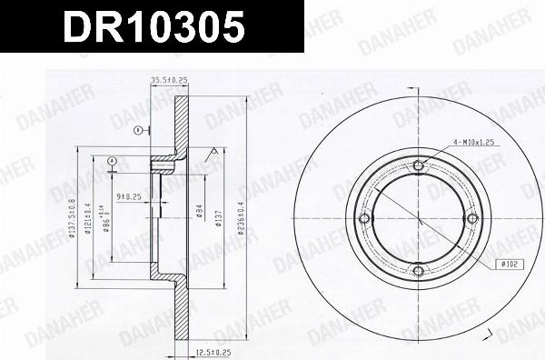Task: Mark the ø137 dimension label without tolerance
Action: click(219, 220)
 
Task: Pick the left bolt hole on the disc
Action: click(365, 218)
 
